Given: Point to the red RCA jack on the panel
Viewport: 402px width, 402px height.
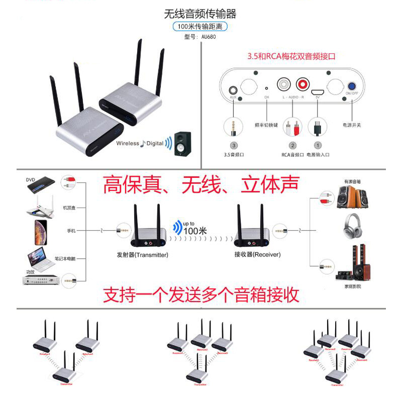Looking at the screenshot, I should click(303, 82).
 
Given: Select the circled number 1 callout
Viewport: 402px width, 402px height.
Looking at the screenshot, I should click(318, 145).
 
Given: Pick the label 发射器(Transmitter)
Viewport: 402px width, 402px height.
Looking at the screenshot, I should click(142, 255).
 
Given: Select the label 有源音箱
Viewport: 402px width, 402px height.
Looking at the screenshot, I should click(352, 181).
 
